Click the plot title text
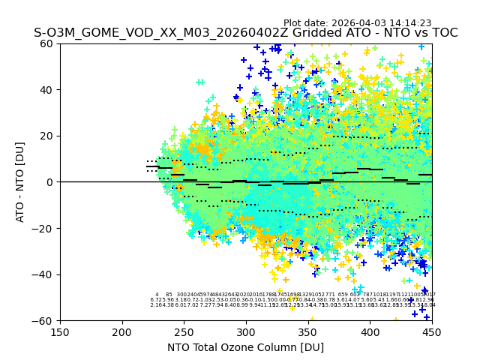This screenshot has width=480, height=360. pos(245,33)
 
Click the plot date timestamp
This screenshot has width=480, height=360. pos(357,23)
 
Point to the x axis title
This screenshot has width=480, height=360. pos(245,347)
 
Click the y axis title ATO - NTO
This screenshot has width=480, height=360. pos(20,181)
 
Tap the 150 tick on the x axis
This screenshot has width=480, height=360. pos(60,331)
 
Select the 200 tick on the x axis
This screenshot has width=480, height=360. pos(122,331)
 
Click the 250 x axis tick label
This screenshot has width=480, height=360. pos(184,331)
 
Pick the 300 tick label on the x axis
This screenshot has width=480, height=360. pos(246,331)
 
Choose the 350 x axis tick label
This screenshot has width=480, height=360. pos(308,331)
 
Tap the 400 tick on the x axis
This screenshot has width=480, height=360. pos(370,331)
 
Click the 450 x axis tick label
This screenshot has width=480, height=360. pos(432,331)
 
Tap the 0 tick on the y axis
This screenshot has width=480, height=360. pos(51,182)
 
